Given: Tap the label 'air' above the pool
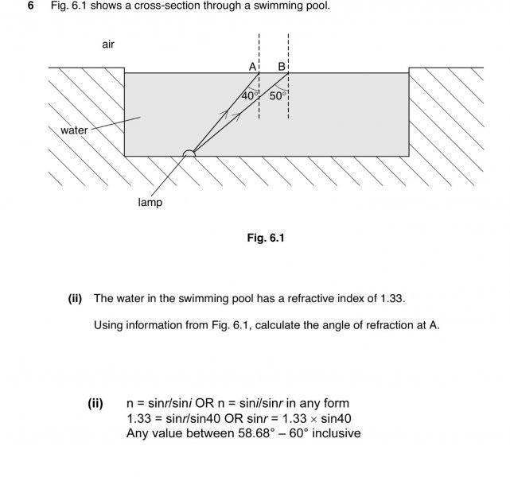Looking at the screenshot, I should coord(108,45).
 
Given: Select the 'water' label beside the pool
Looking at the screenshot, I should coord(74,130).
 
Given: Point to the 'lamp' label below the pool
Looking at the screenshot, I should coord(150,203).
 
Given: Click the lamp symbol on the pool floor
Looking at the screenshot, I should coord(189,153).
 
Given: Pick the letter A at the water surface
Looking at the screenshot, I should coord(252,67).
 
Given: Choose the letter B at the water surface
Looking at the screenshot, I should coord(281,67).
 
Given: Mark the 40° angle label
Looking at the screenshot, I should coord(250,95).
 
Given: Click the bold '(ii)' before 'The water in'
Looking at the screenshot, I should coord(76,299).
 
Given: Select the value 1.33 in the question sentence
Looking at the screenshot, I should coord(392,299).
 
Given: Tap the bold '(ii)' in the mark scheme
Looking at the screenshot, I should coord(95,403).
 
